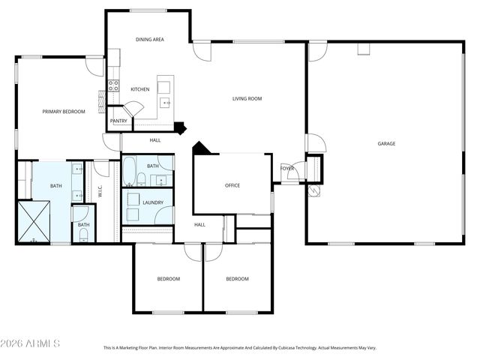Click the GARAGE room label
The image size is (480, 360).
[386, 143]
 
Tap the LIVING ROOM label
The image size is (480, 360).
[247, 98]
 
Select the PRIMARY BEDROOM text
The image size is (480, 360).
[64, 112]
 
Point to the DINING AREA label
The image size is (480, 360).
[150, 40]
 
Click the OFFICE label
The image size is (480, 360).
[232, 185]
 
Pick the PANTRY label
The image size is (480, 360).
[118, 121]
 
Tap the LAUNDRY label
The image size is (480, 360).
[153, 202]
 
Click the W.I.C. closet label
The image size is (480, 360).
[100, 191]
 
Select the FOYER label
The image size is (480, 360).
[286, 169]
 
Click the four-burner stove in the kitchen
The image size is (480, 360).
[113, 85]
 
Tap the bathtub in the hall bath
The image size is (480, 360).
[129, 171]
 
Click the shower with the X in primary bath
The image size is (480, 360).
[34, 221]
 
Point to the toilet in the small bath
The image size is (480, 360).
[83, 235]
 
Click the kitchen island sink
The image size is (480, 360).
[166, 103]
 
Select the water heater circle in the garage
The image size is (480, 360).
[314, 191]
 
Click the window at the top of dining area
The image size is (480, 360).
[148, 10]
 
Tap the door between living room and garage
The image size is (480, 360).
[315, 143]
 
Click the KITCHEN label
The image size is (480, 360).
[140, 89]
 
